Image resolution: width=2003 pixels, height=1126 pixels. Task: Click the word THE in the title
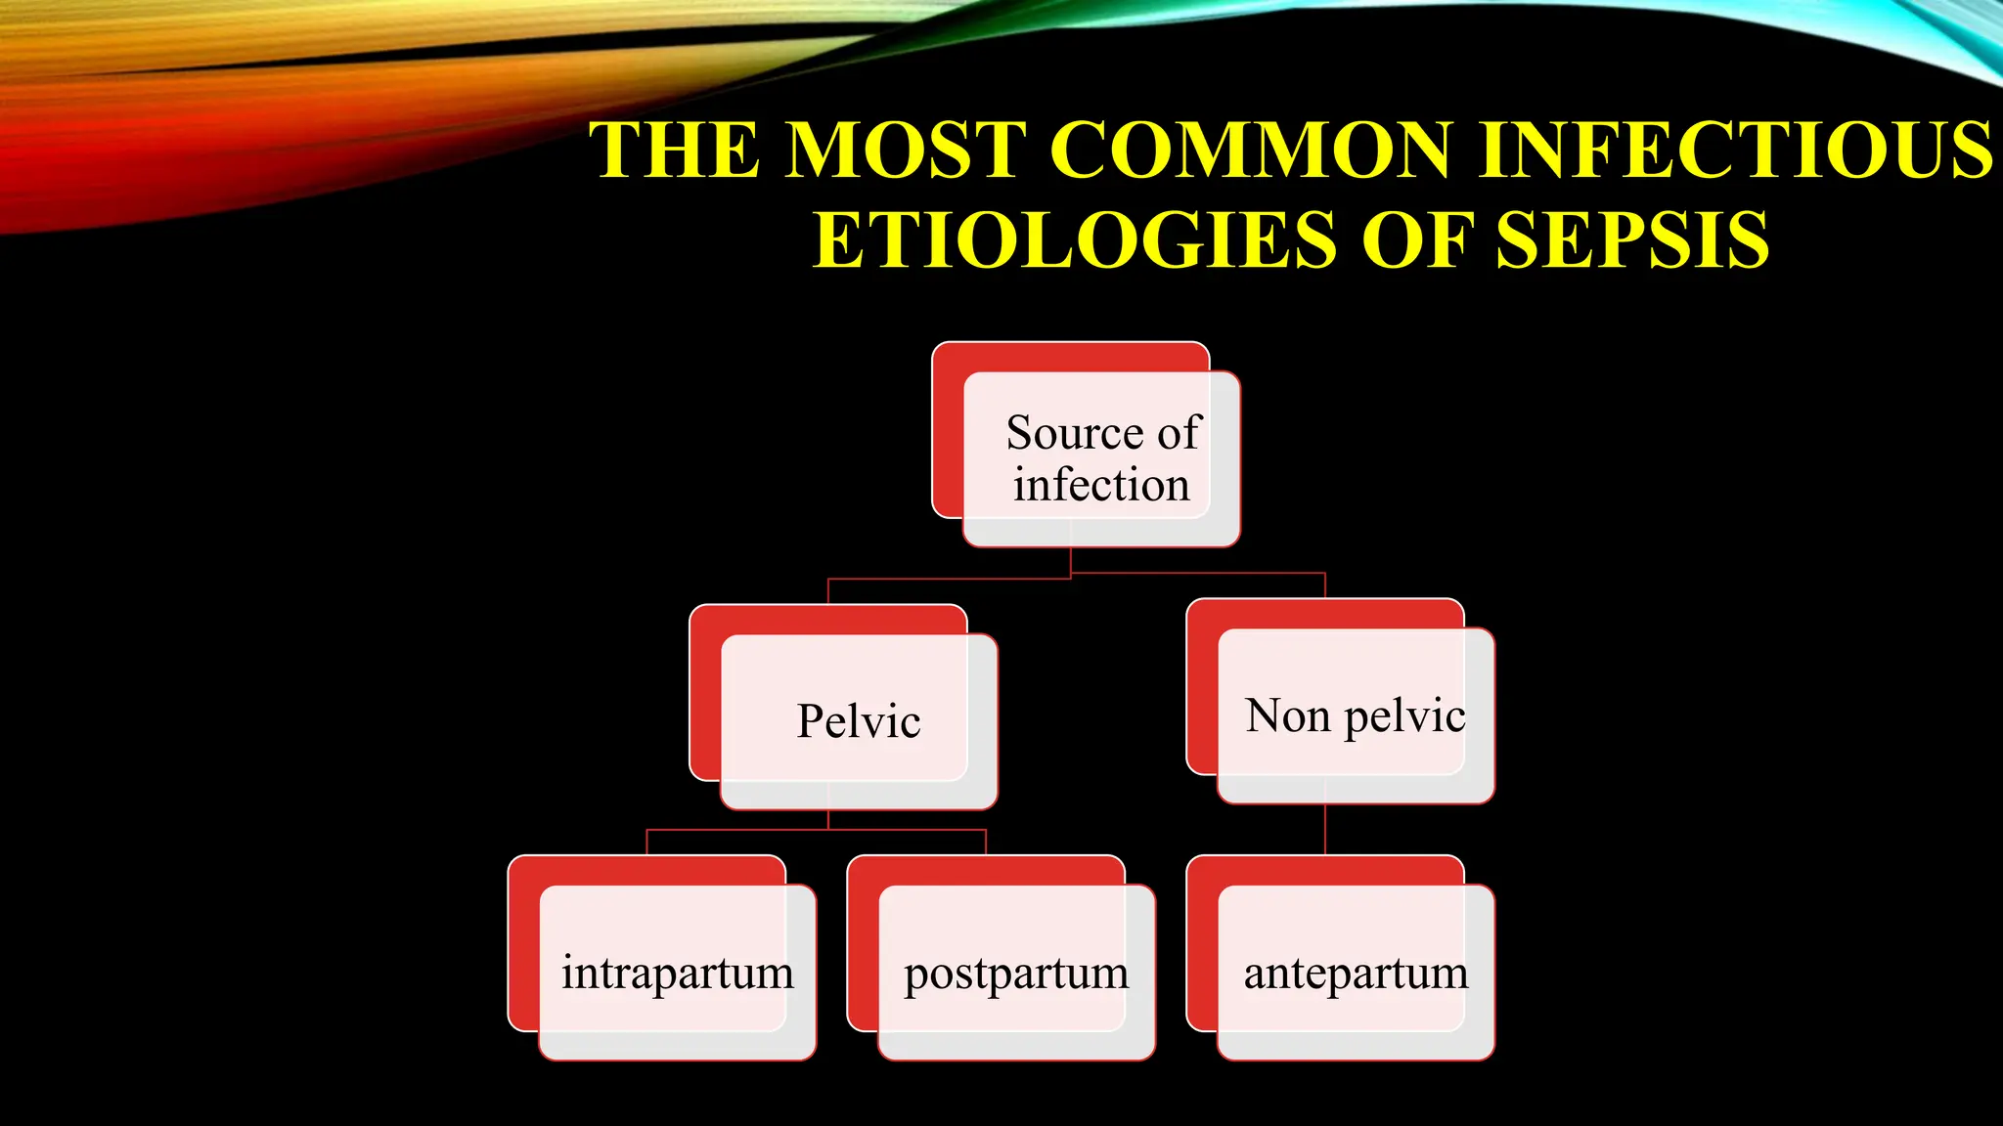point(674,151)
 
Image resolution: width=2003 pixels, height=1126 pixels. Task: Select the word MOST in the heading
point(907,151)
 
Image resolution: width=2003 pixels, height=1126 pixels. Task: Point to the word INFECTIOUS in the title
point(1735,151)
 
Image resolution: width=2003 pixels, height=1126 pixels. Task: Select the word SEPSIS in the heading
point(1632,240)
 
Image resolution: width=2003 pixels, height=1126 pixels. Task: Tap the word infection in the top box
point(1101,486)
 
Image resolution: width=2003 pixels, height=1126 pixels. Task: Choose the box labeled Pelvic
point(859,721)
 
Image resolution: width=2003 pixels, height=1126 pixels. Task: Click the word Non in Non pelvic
point(1287,716)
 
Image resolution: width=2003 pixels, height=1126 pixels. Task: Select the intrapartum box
point(677,974)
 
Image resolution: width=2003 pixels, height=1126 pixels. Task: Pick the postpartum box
point(1016,974)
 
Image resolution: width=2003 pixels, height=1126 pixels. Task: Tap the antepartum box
point(1356,974)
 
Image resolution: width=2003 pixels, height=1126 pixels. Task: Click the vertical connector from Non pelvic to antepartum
point(1325,829)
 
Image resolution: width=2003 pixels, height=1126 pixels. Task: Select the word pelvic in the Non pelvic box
point(1404,716)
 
